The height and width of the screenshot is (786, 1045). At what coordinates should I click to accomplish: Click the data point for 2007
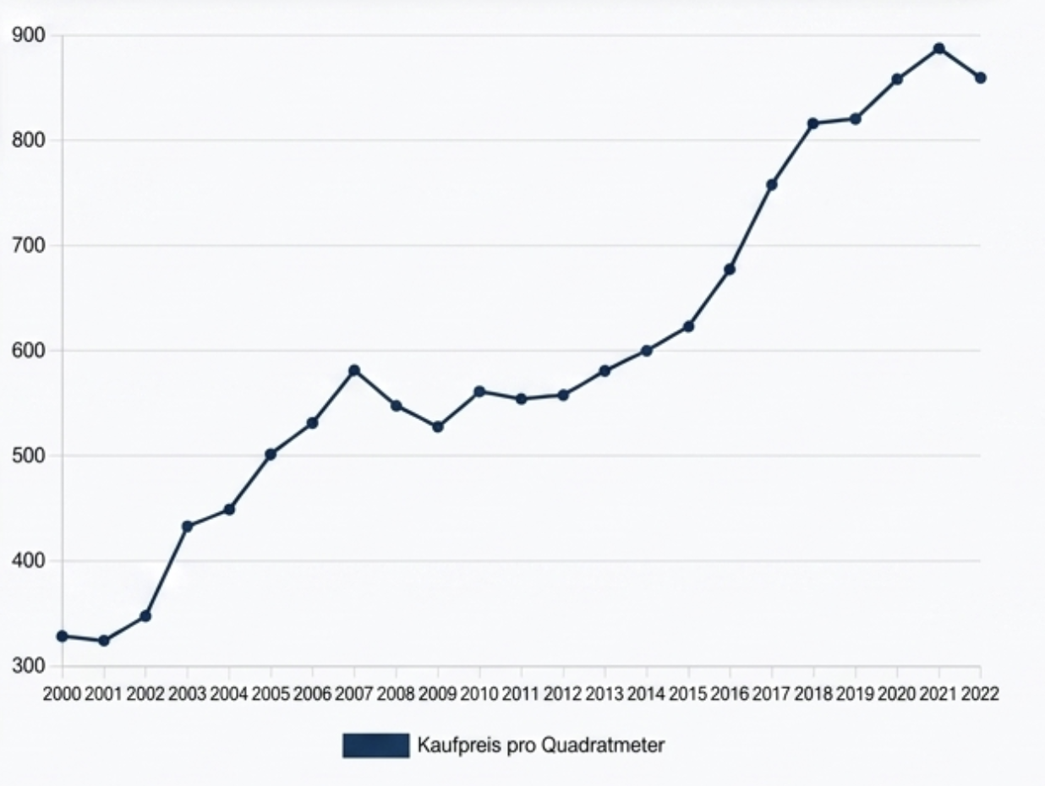pos(354,370)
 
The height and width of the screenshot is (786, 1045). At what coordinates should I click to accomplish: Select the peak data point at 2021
pos(938,48)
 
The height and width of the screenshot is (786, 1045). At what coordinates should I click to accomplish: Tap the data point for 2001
pos(104,641)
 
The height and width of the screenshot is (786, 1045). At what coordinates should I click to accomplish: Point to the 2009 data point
pos(438,427)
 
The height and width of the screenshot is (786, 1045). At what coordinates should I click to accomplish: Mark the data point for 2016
pos(730,270)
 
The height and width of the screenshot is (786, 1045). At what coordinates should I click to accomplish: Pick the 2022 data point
pos(980,78)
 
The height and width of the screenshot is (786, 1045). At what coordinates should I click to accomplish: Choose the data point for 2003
pos(188,527)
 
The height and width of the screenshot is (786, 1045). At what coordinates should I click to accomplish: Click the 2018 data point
pos(813,123)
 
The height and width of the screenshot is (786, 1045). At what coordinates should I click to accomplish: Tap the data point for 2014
pos(647,351)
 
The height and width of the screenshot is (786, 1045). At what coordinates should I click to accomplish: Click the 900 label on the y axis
pos(28,35)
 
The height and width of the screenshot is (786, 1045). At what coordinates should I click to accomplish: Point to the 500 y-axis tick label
pos(28,456)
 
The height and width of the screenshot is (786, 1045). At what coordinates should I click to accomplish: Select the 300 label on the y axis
pos(28,666)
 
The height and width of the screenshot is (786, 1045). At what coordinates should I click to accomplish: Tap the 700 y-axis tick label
pos(28,245)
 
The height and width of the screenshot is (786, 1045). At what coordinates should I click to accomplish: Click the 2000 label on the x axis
pos(63,694)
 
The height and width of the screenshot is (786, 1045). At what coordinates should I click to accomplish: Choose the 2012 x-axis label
pos(563,694)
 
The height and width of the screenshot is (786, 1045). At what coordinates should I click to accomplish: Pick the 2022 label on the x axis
pos(980,694)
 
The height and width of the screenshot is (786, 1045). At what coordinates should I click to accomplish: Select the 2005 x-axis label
pos(271,694)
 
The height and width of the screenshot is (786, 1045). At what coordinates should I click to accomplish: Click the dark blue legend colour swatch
pos(376,745)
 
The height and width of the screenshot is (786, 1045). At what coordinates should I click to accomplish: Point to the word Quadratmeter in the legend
pos(603,745)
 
